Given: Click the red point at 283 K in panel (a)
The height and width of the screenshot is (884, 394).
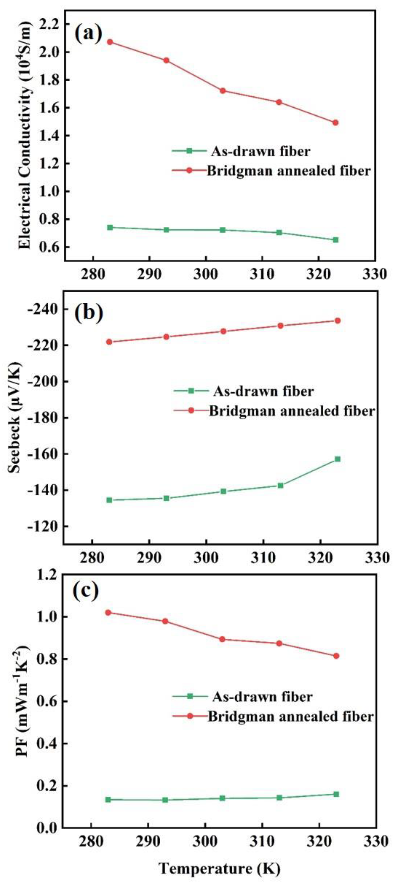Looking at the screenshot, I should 110,42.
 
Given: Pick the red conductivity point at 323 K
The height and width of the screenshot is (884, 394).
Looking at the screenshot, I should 335,123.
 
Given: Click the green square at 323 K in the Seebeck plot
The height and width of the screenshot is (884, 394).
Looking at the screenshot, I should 337,459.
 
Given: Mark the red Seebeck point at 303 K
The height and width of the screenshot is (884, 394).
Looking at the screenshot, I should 223,331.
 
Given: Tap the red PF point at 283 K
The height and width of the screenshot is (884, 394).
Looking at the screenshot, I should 108,612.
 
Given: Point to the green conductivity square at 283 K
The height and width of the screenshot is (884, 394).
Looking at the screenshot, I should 110,227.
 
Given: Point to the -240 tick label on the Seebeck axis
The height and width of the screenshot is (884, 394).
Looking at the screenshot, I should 47,309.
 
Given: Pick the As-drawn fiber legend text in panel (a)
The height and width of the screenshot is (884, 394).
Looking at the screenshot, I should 261,151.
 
